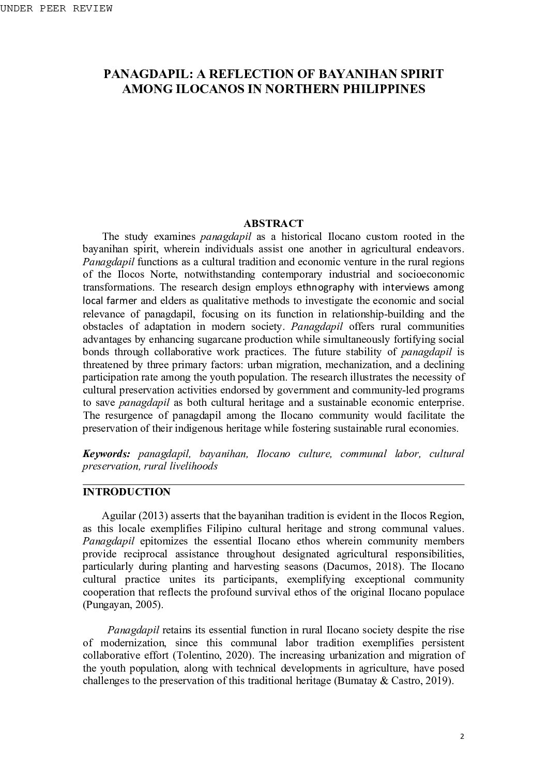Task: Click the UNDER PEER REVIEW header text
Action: tap(56, 9)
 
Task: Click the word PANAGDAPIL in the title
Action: tap(138, 74)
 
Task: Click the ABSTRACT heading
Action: tap(273, 223)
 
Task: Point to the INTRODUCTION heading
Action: tap(126, 492)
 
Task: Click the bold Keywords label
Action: tap(107, 453)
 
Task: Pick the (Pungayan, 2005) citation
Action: tap(123, 604)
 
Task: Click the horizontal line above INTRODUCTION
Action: tap(273, 485)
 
